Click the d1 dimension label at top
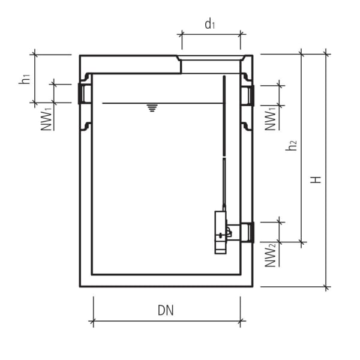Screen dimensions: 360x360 click(x=209, y=25)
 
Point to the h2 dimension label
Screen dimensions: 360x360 click(x=292, y=145)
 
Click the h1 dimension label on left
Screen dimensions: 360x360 click(x=24, y=78)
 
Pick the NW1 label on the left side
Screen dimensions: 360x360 click(x=47, y=117)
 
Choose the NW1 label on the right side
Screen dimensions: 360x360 click(x=271, y=118)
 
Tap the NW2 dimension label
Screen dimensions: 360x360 click(x=271, y=254)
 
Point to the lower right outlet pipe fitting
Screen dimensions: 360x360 click(x=247, y=232)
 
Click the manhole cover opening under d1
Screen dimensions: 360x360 click(x=211, y=58)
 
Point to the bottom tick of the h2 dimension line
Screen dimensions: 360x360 click(x=302, y=243)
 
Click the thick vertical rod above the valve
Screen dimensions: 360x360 click(x=223, y=114)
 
